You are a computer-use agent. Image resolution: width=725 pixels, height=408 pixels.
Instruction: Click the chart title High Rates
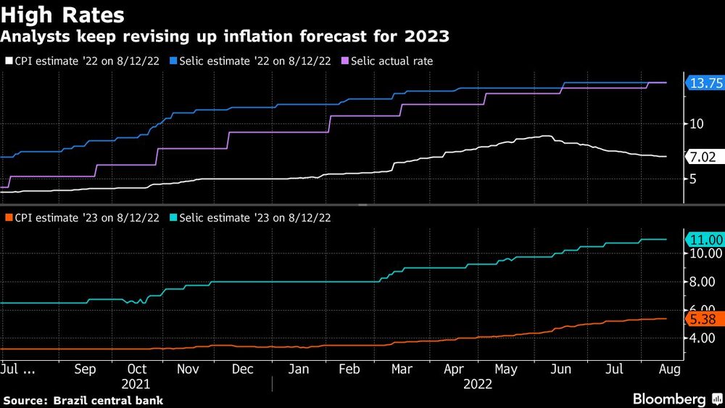63,15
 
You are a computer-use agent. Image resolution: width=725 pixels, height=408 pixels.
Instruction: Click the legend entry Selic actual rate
391,61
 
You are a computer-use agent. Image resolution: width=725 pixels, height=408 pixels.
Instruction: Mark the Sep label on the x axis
85,370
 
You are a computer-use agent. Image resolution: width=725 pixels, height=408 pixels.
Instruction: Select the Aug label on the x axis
669,370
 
